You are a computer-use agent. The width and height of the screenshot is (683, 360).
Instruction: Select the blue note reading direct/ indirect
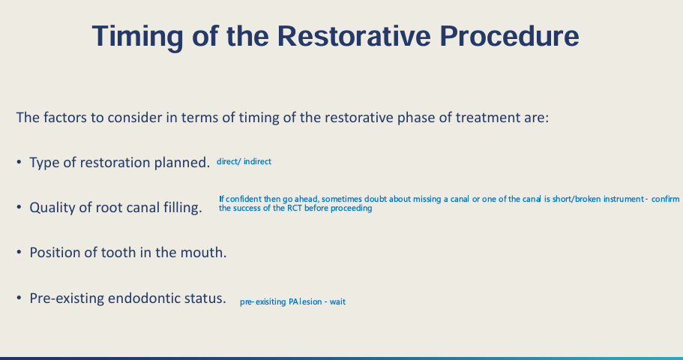click(x=244, y=161)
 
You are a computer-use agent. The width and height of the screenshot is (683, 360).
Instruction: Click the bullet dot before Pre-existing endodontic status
click(x=19, y=298)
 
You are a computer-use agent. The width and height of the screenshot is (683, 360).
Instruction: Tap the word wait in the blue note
click(x=337, y=301)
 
